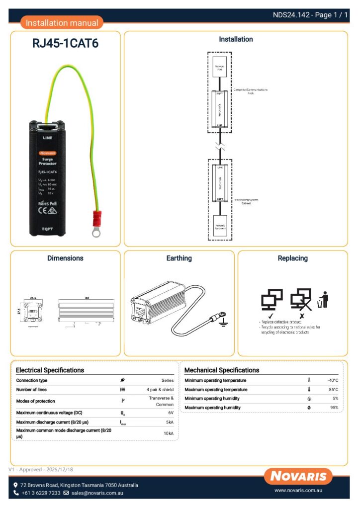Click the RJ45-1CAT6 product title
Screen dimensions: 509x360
coord(65,43)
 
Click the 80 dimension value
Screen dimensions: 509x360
coord(87,297)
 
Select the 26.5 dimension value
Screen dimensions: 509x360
coord(33,298)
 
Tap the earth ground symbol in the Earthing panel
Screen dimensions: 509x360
coord(223,323)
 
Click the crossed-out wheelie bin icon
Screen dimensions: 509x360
coord(324,299)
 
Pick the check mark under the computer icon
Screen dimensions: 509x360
coord(271,316)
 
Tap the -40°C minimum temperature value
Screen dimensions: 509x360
coord(332,380)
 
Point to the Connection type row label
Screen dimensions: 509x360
coord(32,380)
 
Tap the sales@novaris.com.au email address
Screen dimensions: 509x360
coord(97,493)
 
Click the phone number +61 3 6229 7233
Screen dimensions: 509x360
coord(41,493)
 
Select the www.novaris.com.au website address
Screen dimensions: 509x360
coord(299,491)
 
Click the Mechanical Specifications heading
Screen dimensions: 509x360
coord(222,370)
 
